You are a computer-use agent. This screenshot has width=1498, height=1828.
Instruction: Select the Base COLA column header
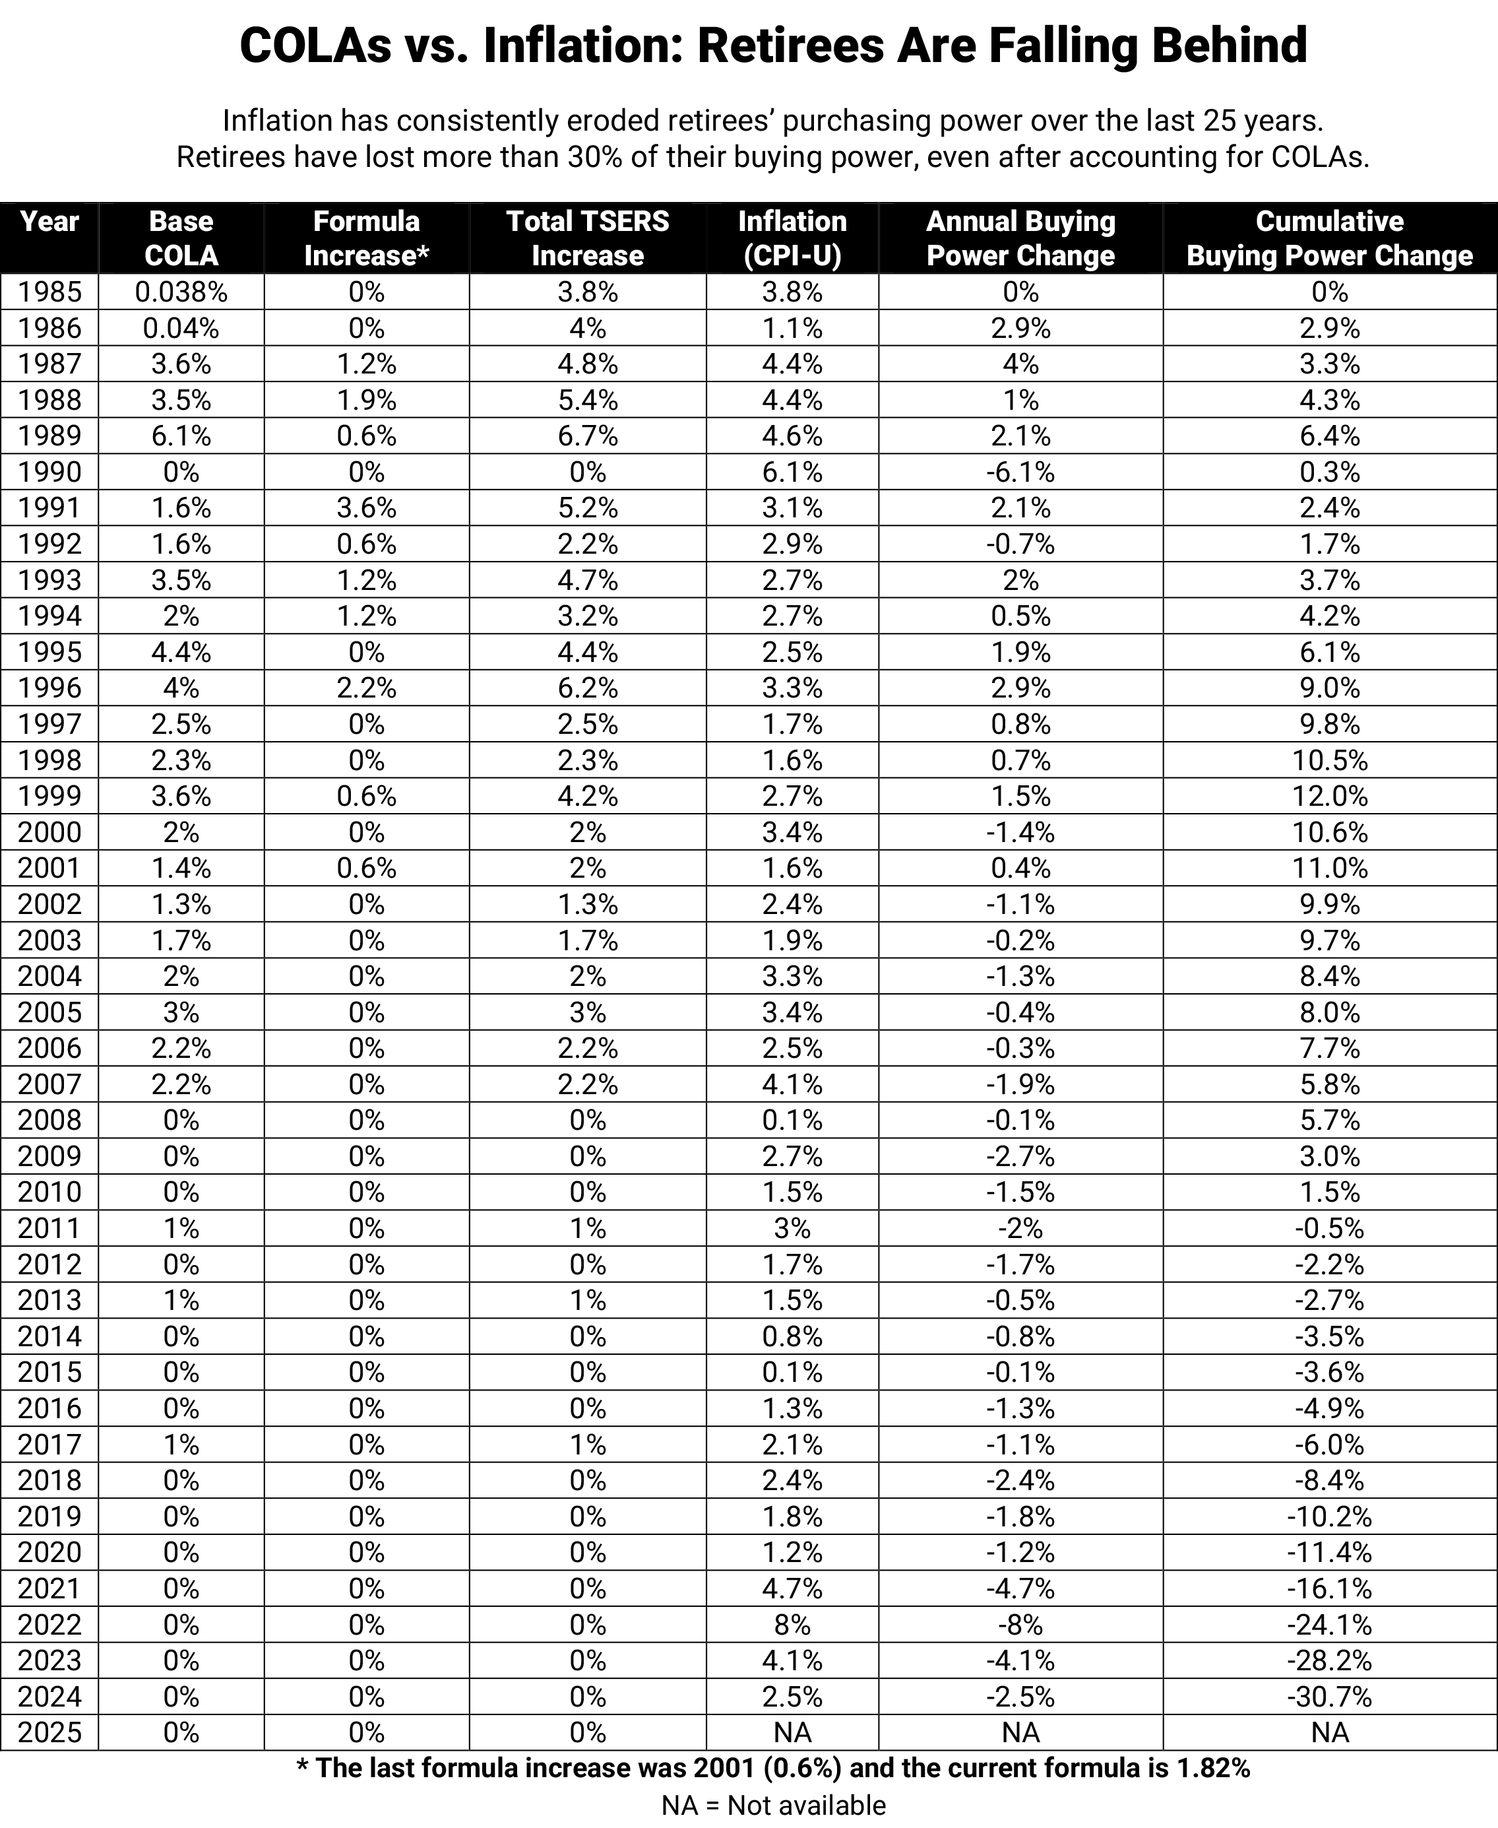point(181,238)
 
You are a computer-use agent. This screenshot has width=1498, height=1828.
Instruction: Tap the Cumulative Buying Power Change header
point(1329,238)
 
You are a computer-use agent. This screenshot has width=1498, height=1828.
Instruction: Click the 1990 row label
point(49,472)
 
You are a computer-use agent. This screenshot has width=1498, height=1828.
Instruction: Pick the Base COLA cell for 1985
point(181,292)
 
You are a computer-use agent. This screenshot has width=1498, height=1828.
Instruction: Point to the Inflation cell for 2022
point(792,1624)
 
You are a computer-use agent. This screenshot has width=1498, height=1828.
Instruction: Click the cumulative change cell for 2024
point(1329,1696)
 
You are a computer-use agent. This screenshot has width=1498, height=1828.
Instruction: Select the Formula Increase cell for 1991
point(366,507)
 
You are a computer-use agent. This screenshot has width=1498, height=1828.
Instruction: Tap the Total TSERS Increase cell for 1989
point(587,436)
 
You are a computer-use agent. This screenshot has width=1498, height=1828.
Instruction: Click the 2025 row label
point(49,1732)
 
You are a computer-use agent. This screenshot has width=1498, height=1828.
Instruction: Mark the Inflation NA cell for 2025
point(792,1732)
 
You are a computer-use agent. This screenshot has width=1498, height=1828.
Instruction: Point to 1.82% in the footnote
point(1213,1769)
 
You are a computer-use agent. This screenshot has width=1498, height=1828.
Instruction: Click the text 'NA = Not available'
point(773,1806)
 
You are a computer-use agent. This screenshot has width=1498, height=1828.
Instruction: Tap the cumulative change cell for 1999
point(1329,796)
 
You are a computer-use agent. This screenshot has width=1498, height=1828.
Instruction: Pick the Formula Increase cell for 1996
point(366,688)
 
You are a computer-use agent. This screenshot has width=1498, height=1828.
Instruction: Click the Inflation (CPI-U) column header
point(792,238)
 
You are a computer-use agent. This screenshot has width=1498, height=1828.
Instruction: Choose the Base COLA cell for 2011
point(181,1228)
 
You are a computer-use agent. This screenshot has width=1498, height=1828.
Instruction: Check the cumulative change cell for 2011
point(1329,1228)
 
